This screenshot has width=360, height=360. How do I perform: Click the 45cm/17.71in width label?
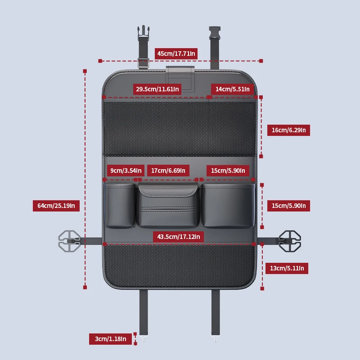point(176,54)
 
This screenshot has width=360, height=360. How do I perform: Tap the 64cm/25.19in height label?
point(56,206)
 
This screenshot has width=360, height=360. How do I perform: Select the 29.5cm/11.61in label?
point(157,89)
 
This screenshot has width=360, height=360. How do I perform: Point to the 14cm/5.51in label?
point(232,89)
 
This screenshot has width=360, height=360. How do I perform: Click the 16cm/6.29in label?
point(288,130)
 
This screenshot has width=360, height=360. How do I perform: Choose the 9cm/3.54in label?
point(126,171)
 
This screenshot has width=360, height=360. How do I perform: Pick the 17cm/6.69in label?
point(168,171)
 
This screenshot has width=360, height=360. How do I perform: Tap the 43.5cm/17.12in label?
point(178,237)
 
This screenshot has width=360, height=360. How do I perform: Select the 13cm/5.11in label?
point(287,268)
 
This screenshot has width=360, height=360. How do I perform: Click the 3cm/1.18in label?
point(110,339)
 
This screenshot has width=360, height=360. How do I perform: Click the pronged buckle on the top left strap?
point(144,33)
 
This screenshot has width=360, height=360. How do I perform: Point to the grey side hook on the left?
point(69,241)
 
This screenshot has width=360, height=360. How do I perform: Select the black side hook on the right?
point(290,241)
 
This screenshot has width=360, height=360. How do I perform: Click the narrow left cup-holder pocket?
point(120,206)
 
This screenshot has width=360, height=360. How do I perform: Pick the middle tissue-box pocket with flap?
point(168,205)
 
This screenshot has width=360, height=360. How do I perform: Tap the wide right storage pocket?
point(228,206)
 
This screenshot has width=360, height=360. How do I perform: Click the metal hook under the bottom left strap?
point(144,338)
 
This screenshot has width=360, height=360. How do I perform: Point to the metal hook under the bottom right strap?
point(216,338)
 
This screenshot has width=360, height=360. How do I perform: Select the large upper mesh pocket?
point(180,129)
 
